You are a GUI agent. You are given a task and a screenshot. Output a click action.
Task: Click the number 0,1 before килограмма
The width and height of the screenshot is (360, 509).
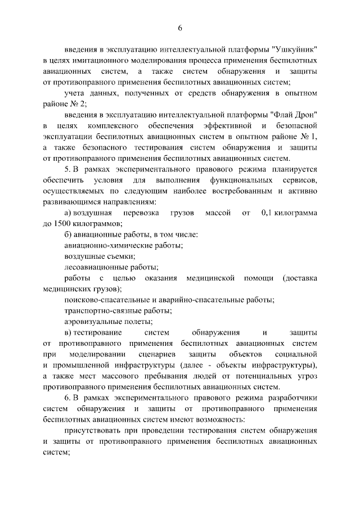click(269, 214)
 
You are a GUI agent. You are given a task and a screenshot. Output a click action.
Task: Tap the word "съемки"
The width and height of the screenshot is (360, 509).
click(121, 257)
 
